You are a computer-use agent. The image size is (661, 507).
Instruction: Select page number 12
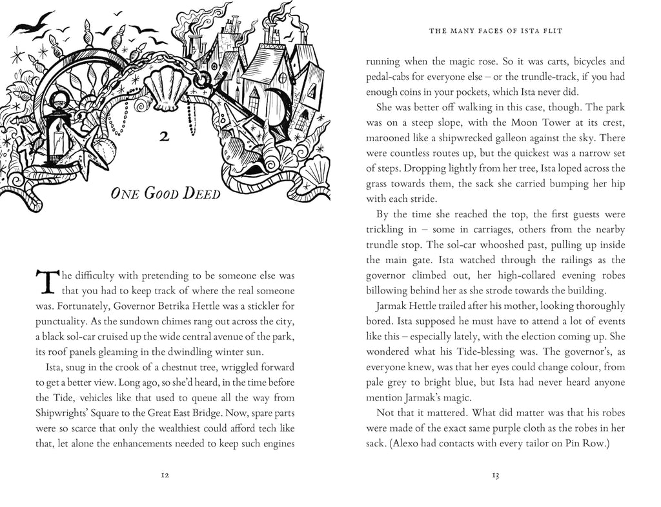[x=165, y=475]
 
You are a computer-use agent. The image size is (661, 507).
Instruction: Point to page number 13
[x=496, y=475]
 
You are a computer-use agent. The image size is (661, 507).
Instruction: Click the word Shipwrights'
[x=62, y=412]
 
